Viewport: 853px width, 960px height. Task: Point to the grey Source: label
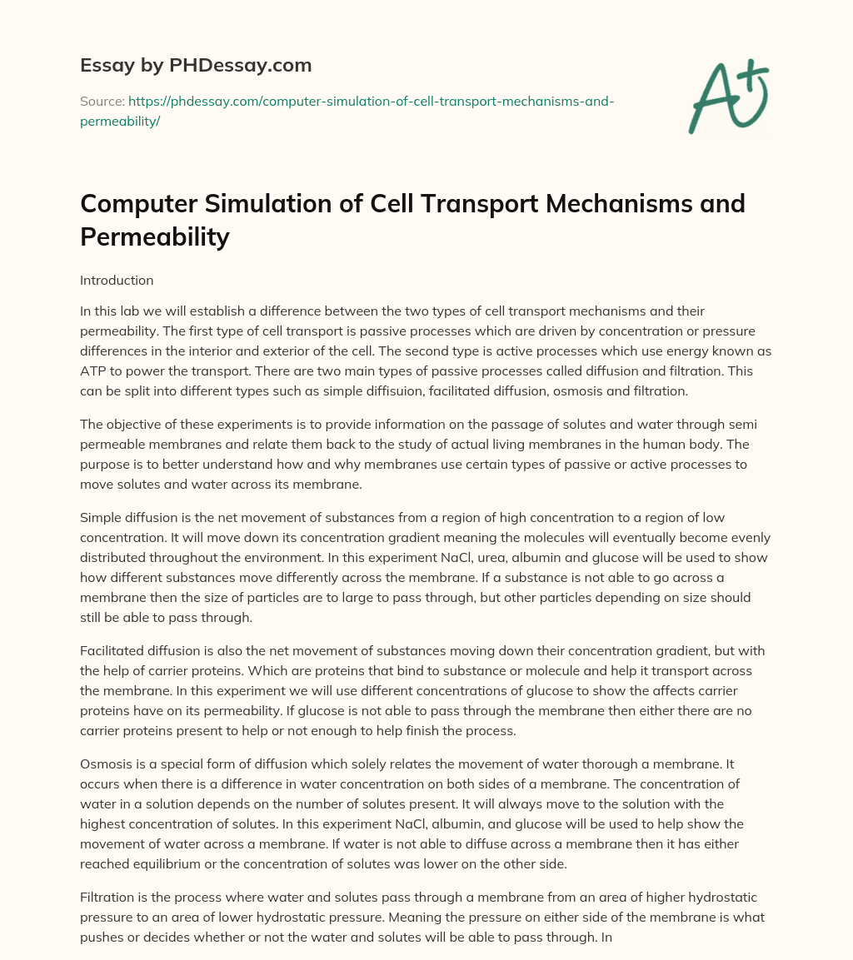[102, 101]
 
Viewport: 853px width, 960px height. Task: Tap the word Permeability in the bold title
[155, 237]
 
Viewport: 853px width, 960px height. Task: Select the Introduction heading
[117, 281]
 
